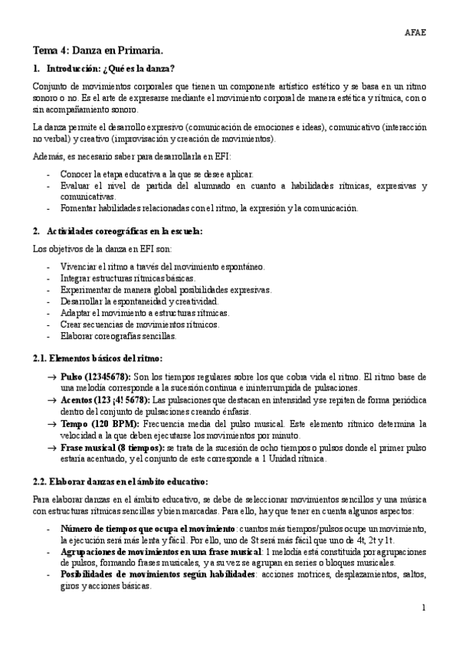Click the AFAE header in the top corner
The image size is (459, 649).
416,32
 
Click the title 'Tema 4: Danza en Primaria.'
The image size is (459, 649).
97,51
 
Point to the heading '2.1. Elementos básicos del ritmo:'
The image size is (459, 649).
97,358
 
